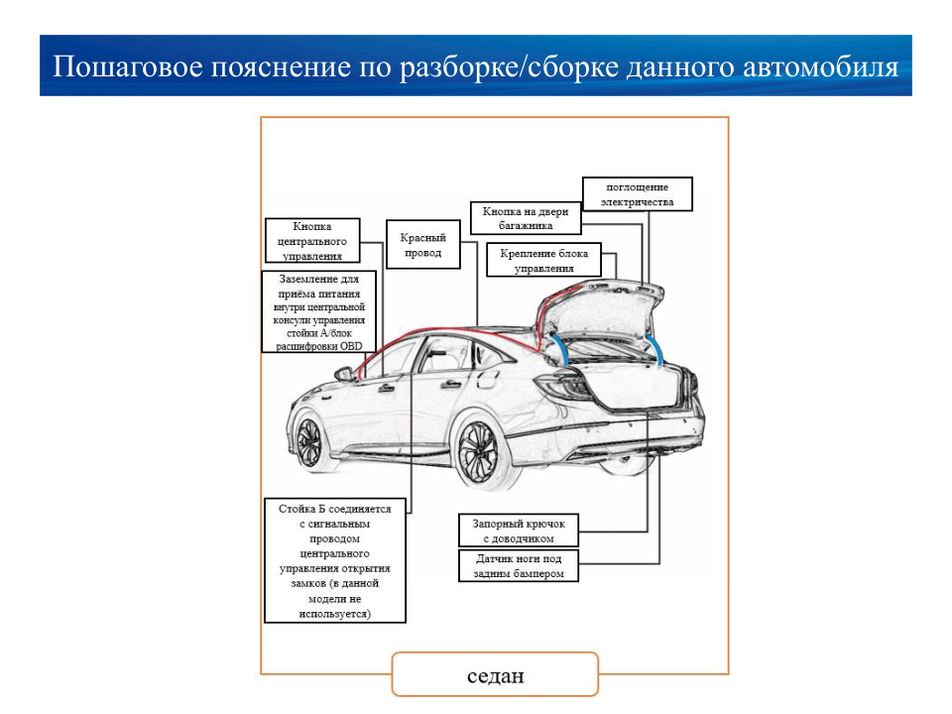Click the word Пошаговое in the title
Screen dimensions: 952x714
127,66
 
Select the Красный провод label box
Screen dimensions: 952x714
423,244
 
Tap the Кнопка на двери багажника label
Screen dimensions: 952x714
526,218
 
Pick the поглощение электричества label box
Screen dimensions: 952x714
638,194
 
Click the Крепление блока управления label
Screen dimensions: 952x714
544,260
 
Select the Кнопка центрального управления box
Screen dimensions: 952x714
312,240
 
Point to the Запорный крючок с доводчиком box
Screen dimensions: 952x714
519,530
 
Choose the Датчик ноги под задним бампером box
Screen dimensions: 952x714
519,565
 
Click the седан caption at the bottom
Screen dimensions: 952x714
496,675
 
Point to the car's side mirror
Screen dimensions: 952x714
345,374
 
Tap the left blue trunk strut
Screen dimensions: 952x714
559,349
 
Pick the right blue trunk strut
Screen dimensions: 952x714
655,350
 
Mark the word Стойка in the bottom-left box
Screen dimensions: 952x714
296,509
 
